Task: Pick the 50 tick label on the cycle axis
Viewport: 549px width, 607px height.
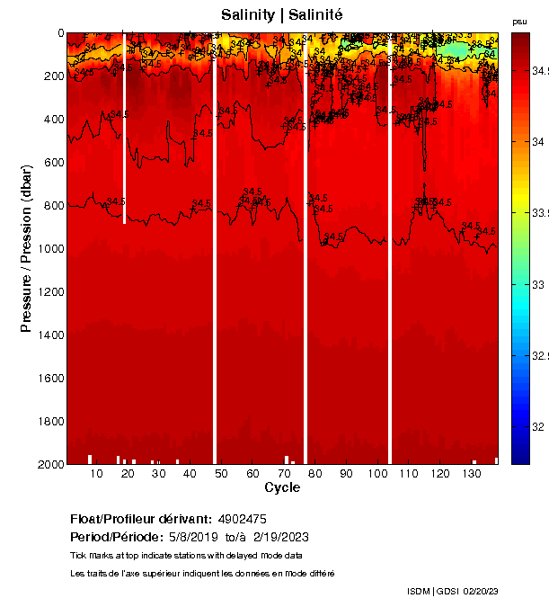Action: [221, 474]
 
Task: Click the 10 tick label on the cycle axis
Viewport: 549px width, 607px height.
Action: [96, 474]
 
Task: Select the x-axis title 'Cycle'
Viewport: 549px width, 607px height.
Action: [282, 487]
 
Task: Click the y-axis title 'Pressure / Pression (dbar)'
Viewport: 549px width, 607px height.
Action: [26, 248]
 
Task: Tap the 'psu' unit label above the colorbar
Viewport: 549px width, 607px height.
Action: [519, 22]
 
